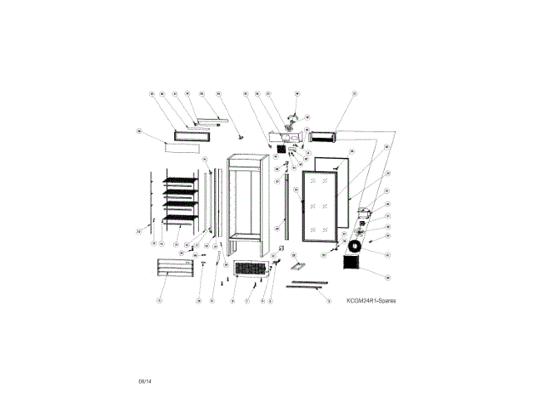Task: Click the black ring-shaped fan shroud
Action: coord(356,247)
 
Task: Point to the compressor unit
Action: coord(363,213)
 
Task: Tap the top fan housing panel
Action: coord(284,136)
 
